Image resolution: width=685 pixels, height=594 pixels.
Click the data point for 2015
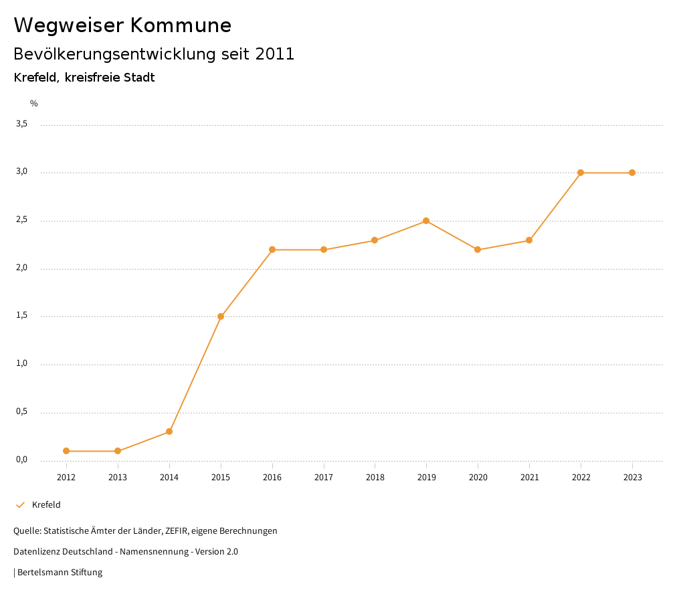click(221, 316)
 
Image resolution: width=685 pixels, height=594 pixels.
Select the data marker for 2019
click(426, 221)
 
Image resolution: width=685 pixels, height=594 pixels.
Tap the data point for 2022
click(581, 173)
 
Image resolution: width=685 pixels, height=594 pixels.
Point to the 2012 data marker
click(66, 451)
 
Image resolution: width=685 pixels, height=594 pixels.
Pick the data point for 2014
click(169, 431)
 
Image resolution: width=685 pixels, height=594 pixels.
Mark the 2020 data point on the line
click(478, 250)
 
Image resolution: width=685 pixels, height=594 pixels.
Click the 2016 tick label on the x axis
click(272, 478)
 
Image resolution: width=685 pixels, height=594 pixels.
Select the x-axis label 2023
click(632, 478)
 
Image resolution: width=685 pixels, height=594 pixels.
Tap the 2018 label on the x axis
click(375, 478)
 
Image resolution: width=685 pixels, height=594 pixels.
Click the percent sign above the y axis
click(34, 104)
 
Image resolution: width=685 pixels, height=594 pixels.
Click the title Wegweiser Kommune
click(122, 25)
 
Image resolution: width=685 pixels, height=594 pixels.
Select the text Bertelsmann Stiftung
click(60, 573)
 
